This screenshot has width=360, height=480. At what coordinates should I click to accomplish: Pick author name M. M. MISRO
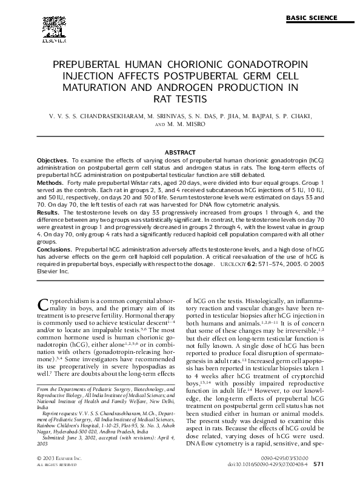[x=187, y=124]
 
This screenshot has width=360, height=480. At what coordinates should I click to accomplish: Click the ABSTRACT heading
[x=180, y=152]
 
